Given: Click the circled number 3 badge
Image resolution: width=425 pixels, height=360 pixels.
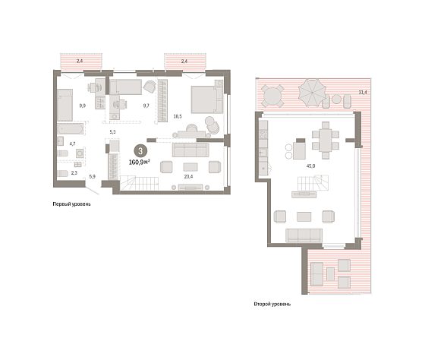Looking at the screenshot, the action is [x=140, y=151].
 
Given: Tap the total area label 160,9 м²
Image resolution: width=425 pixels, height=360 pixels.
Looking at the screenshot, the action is [x=140, y=163].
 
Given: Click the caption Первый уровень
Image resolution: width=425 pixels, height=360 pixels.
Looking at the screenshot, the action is [x=71, y=204].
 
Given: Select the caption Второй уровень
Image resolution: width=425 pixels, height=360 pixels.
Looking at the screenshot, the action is [x=272, y=304].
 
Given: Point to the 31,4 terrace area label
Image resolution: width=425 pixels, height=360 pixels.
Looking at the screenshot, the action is [x=363, y=92].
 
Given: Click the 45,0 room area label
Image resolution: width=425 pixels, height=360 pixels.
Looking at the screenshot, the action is [x=310, y=166].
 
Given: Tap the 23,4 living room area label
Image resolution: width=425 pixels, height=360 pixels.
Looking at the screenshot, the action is [x=188, y=177].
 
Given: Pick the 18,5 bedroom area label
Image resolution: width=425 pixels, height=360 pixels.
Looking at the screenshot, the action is [x=178, y=116].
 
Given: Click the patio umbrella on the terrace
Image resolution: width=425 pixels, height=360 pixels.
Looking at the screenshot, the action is [x=312, y=93].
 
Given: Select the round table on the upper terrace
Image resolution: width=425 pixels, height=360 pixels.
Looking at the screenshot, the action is [x=272, y=96].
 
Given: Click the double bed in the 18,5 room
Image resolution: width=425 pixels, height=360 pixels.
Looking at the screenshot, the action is [x=206, y=99].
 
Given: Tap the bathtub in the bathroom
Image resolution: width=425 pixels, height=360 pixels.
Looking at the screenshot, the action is [x=70, y=128].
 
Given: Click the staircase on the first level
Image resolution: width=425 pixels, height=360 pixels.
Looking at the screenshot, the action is [x=140, y=183].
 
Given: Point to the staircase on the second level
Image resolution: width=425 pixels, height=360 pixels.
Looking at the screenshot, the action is [x=313, y=183].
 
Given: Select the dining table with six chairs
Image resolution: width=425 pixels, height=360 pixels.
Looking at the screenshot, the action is [x=326, y=141].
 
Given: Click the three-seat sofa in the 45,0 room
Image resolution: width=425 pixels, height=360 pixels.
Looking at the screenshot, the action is [x=304, y=235].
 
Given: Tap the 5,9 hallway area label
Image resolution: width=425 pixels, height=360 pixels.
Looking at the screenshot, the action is [x=92, y=177].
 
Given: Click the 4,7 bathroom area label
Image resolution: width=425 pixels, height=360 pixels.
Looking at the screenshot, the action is [x=72, y=144].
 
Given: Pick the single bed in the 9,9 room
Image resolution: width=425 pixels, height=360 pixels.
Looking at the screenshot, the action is [x=65, y=105].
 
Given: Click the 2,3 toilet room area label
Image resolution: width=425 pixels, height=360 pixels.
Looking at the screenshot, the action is [x=74, y=173].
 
